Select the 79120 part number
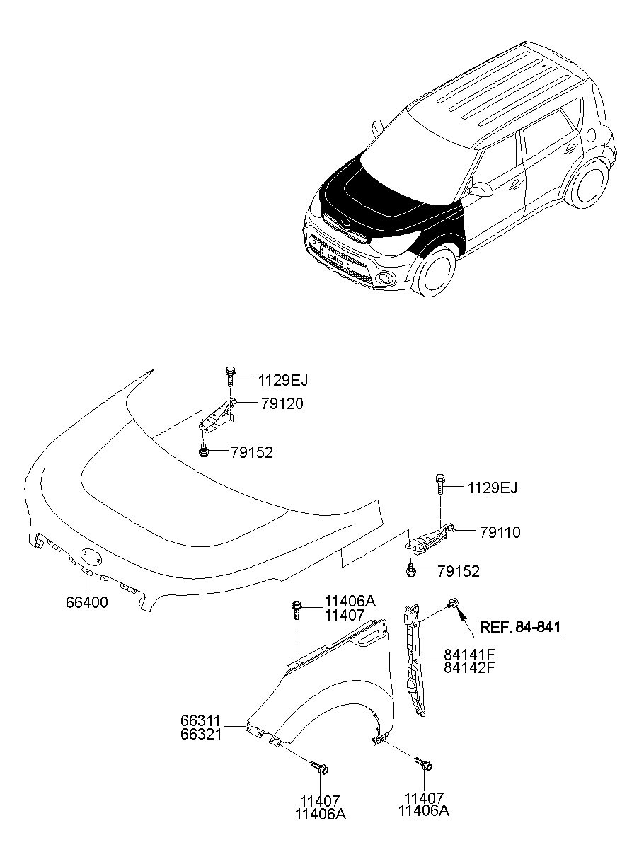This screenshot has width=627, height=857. [260, 404]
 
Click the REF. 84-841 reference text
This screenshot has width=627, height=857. [522, 626]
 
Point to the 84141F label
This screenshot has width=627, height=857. [469, 655]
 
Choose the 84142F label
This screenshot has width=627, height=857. [469, 667]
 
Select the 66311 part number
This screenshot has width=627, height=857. [202, 720]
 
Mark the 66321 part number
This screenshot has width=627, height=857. [202, 734]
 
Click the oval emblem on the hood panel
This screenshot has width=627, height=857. [91, 557]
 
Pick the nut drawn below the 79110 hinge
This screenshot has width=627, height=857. [410, 570]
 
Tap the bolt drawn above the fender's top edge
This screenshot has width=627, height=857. [297, 609]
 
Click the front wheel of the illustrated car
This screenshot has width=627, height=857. [433, 272]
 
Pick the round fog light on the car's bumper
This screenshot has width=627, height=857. [386, 278]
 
